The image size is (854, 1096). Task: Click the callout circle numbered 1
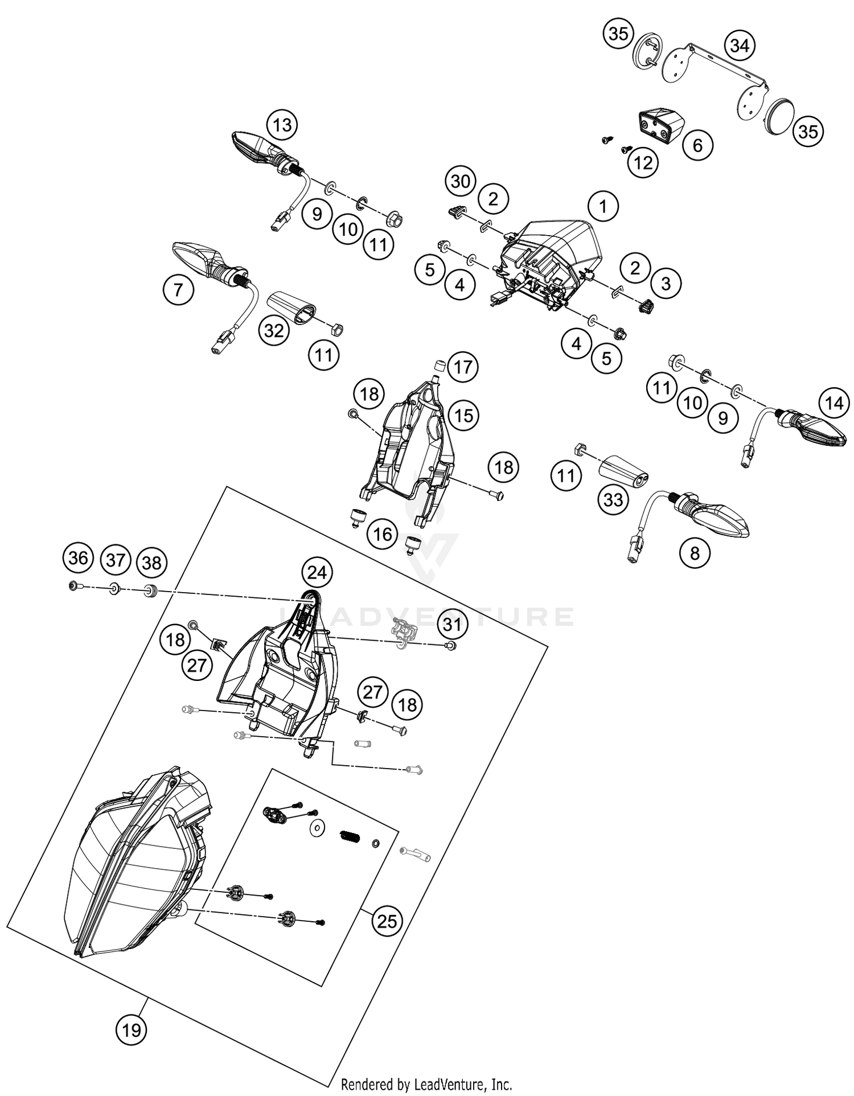603,206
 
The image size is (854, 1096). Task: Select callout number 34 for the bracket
740,46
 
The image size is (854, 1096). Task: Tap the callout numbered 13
282,125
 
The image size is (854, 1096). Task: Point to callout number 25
387,921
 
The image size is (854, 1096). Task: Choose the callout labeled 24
317,572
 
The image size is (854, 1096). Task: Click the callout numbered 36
78,558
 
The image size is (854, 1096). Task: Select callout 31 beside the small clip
452,625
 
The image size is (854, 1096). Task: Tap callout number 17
463,367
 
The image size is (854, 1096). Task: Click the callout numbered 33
613,500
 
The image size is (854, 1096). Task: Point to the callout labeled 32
274,330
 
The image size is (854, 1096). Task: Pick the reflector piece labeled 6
660,125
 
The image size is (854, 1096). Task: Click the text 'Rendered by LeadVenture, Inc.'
426,1083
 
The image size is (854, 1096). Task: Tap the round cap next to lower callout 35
781,117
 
